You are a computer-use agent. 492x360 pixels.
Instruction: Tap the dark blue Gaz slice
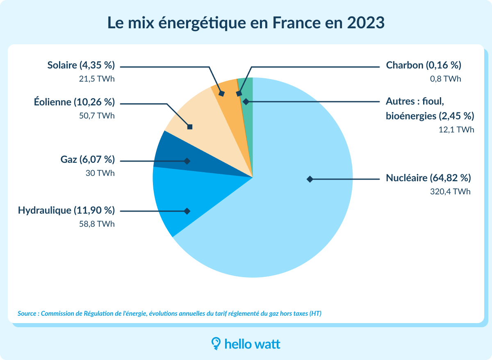(172, 158)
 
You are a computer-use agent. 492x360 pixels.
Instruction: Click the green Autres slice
(247, 88)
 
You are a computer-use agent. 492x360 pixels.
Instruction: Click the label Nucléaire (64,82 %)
(428, 178)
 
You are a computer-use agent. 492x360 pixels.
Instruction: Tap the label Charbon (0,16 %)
(424, 66)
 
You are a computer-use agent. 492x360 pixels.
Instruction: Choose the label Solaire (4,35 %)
(81, 66)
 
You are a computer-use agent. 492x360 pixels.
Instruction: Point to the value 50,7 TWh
(97, 116)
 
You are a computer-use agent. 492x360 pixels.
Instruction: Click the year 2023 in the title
(366, 23)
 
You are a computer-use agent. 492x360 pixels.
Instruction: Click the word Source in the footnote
(27, 314)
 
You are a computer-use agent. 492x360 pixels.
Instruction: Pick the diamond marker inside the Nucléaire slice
(310, 179)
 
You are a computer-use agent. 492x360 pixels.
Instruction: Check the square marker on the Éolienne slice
(190, 127)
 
